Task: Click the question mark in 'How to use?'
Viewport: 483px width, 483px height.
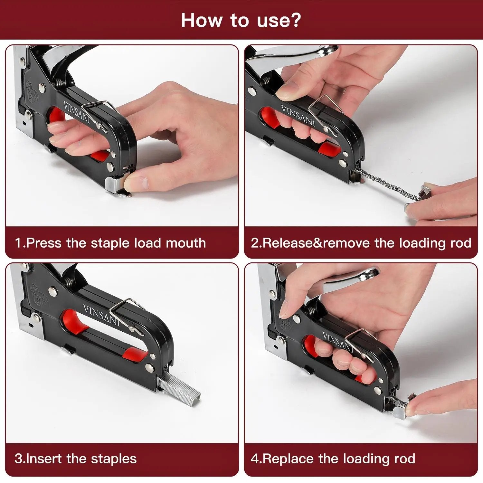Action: coord(295,20)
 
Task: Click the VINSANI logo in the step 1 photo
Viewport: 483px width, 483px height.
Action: coord(77,112)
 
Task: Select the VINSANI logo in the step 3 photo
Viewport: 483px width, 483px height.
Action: coord(101,316)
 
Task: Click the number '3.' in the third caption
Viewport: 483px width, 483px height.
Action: coord(19,459)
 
